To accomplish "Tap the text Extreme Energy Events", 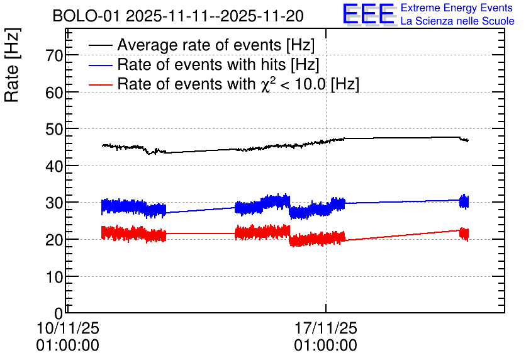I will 457,8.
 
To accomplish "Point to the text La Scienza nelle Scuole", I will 457,21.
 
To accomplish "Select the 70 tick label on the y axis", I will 54,55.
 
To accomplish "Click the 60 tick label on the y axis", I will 54,93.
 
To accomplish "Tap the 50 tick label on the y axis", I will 54,129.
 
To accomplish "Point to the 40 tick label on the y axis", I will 54,166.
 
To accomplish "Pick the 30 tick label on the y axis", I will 54,203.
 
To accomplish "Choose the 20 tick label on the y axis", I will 54,240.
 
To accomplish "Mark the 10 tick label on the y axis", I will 54,276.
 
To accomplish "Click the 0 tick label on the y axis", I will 59,313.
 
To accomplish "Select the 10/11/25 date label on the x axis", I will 68,328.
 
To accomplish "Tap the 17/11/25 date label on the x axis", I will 325,328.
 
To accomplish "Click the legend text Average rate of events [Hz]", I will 216,45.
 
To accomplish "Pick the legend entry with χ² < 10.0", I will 238,84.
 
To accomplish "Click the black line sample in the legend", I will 101,45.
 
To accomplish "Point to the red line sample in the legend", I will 101,84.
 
